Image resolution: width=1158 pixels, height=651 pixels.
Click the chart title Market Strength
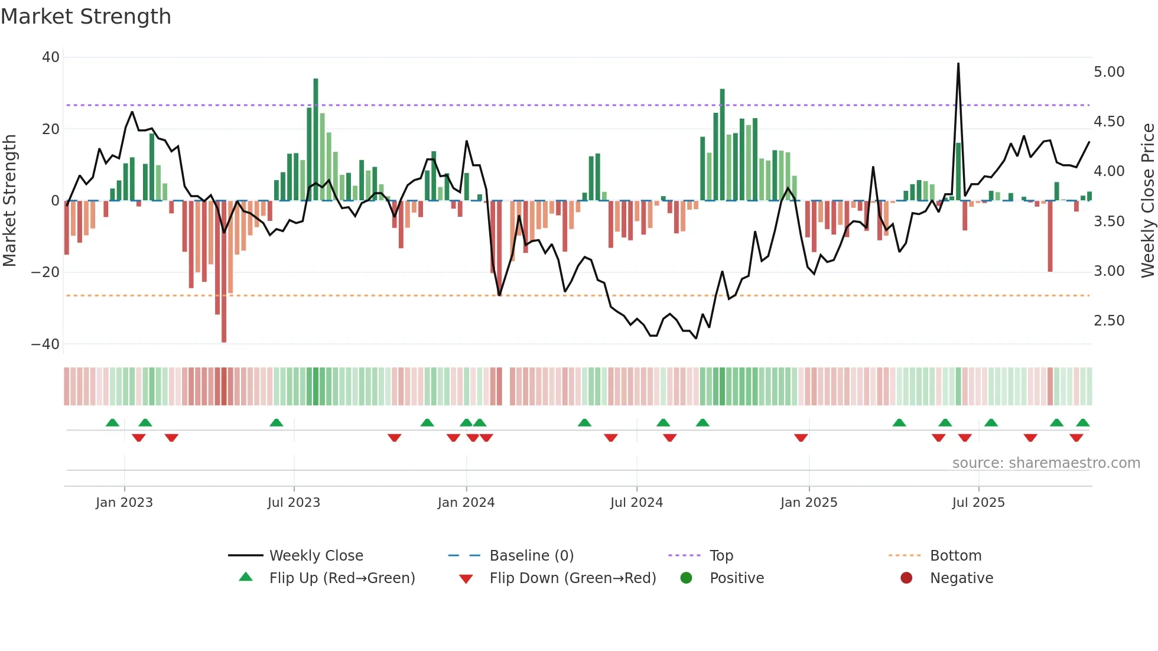86,17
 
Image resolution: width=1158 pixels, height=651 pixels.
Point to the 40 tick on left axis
51,57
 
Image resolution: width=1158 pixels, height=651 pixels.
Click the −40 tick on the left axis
45,344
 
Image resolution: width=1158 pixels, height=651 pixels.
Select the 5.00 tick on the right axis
1109,72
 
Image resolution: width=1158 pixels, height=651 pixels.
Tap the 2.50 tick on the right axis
1109,321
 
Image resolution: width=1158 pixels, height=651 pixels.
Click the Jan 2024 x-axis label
466,503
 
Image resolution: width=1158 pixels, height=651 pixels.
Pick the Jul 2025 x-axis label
978,503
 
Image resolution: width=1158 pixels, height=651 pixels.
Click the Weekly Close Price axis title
1147,201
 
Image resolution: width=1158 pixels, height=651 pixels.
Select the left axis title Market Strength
9,201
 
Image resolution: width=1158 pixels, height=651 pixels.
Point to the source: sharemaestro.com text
1046,463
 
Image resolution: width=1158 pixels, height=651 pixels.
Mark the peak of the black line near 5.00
958,64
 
